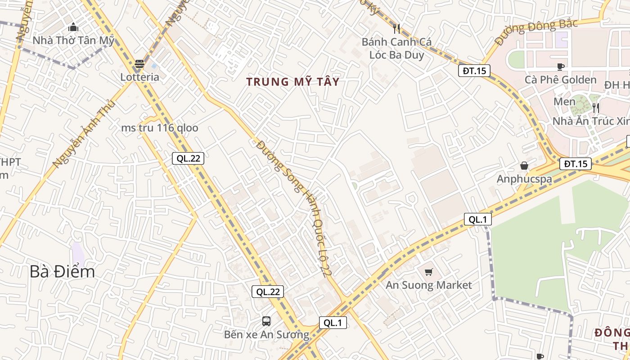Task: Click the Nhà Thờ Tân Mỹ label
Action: (73, 40)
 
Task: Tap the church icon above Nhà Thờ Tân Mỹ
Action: (73, 27)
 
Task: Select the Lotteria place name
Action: (139, 77)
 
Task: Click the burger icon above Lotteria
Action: (139, 64)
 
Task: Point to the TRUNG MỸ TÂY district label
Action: (293, 82)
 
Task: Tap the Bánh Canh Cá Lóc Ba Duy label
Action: (396, 49)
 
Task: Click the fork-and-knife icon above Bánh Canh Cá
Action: (396, 29)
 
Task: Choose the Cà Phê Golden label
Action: (560, 80)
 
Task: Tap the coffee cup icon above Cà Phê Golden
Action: (560, 67)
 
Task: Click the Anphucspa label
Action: (524, 179)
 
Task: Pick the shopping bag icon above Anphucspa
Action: (524, 166)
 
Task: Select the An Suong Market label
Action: (429, 285)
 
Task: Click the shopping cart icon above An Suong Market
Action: (429, 272)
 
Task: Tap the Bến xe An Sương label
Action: (267, 335)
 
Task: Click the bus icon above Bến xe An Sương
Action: (266, 321)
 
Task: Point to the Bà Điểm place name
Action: (63, 272)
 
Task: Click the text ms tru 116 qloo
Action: (159, 128)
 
